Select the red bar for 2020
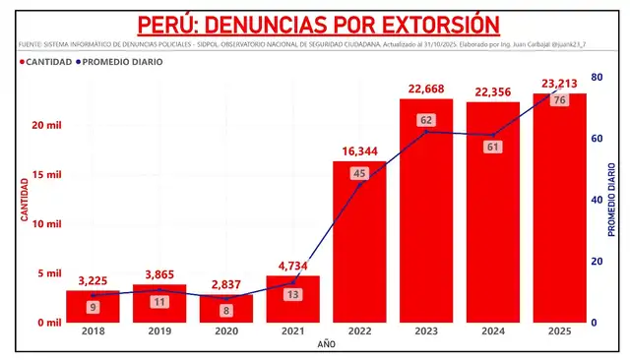225,308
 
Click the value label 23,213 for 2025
559,84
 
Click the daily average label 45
359,174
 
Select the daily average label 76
559,100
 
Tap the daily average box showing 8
225,311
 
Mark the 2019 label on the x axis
158,331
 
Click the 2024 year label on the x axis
492,331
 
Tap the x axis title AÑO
326,345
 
